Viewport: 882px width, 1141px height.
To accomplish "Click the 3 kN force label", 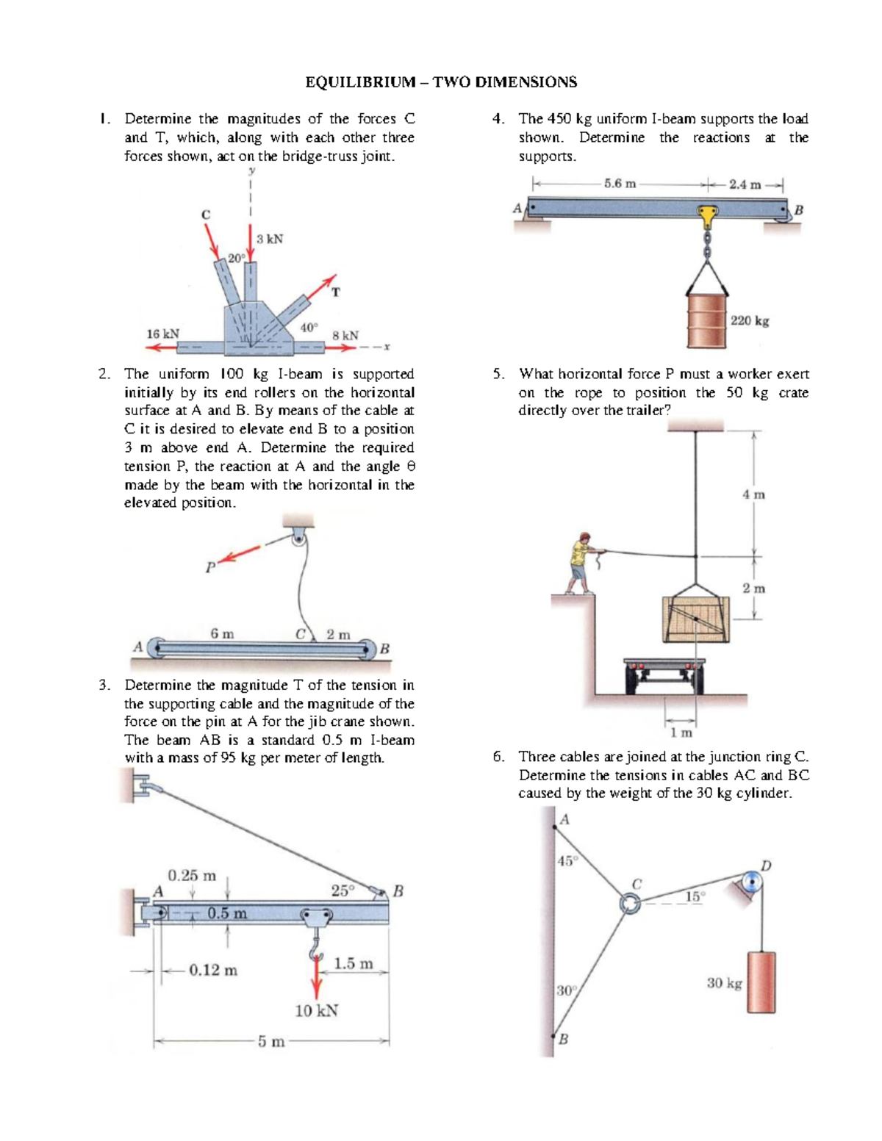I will pos(270,239).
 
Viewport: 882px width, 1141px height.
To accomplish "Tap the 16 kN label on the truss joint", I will pos(162,334).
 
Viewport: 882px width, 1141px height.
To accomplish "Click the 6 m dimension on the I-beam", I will pos(222,633).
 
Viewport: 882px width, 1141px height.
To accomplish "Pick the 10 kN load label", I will pos(316,1010).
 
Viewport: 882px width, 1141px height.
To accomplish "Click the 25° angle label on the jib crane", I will pos(343,890).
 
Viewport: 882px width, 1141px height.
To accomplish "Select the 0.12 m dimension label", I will pos(213,970).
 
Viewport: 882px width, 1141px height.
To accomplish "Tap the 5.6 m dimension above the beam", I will pos(620,184).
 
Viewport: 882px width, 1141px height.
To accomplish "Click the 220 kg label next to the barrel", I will pos(750,320).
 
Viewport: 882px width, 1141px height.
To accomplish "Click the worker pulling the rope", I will pos(580,564).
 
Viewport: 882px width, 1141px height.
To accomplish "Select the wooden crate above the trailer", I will pos(696,619).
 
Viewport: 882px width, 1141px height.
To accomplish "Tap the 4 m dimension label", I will pos(753,494).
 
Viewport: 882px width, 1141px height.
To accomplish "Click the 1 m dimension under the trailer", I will pos(681,733).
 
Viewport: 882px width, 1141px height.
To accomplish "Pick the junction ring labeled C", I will pos(629,904).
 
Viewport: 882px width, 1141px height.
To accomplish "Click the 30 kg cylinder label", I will pos(724,982).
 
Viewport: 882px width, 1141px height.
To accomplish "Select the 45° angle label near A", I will pos(567,861).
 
